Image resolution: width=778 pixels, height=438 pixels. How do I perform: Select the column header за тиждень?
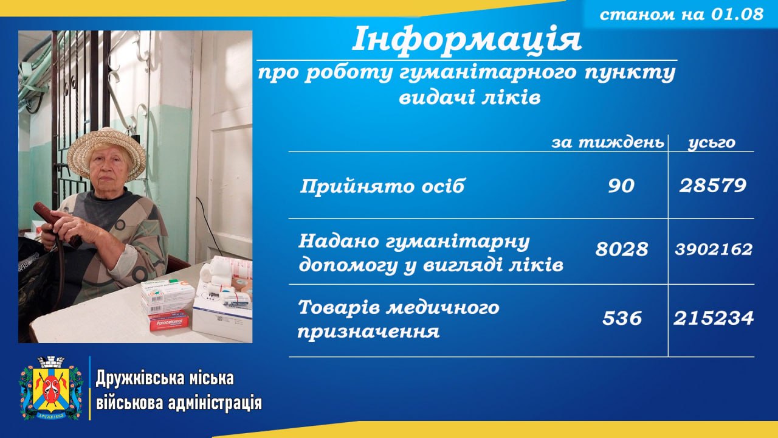pyautogui.click(x=608, y=142)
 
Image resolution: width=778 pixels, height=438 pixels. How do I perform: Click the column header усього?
pyautogui.click(x=712, y=143)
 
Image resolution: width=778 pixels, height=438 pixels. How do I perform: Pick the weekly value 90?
pyautogui.click(x=621, y=186)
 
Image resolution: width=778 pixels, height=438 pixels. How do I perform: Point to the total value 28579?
pyautogui.click(x=713, y=186)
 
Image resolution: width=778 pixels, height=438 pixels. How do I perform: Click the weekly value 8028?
pyautogui.click(x=622, y=249)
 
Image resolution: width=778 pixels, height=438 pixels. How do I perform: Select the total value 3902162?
pyautogui.click(x=714, y=249)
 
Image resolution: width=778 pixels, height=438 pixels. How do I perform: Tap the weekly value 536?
pyautogui.click(x=622, y=318)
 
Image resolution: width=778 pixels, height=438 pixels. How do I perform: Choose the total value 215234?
pyautogui.click(x=714, y=318)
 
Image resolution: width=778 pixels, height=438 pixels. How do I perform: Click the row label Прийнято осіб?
pyautogui.click(x=382, y=186)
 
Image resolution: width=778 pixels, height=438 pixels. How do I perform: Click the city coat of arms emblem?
pyautogui.click(x=51, y=388)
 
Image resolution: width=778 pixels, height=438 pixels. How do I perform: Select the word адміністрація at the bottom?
pyautogui.click(x=215, y=403)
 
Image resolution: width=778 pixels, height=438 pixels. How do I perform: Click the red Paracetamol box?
pyautogui.click(x=169, y=322)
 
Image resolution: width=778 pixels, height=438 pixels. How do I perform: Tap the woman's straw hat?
pyautogui.click(x=106, y=153)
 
